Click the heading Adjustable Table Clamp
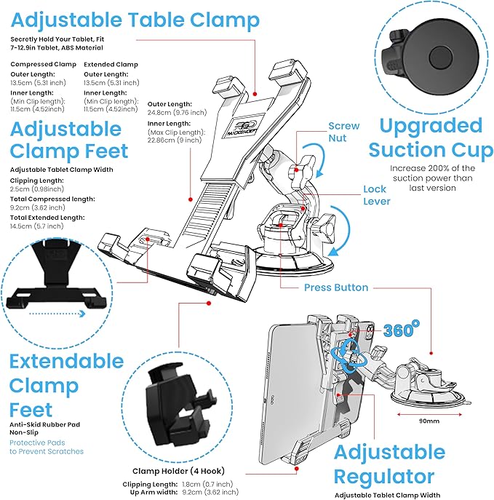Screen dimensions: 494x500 [x=135, y=20]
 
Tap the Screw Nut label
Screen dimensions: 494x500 [x=344, y=132]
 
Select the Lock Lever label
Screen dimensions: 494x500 [x=377, y=195]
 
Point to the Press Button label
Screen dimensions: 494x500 [x=336, y=287]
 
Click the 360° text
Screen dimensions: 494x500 [x=402, y=330]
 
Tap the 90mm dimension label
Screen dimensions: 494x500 [x=429, y=421]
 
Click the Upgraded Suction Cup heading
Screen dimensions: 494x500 [x=431, y=138]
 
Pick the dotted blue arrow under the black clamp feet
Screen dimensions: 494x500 [x=57, y=314]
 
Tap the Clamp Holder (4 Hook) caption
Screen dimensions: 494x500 [x=178, y=471]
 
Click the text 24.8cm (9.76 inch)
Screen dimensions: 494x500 [x=177, y=112]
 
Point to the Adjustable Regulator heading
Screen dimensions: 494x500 [x=389, y=464]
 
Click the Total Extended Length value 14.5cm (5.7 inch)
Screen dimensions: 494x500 [x=36, y=226]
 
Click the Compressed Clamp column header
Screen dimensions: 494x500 [x=44, y=64]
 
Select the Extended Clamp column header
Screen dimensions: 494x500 [x=111, y=65]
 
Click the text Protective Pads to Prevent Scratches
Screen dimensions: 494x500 [x=47, y=447]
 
